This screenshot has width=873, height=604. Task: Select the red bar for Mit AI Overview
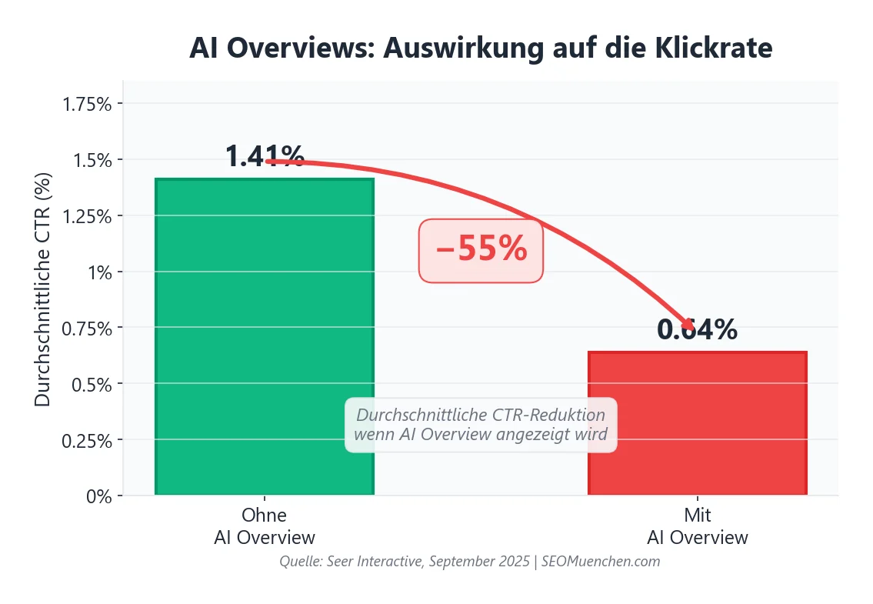click(697, 422)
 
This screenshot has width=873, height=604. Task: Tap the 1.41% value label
click(265, 157)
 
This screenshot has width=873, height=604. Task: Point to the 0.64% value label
click(697, 330)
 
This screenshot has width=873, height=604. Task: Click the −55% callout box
click(481, 250)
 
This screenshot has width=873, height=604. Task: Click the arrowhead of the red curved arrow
click(688, 326)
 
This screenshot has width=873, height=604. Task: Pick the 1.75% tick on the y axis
click(86, 104)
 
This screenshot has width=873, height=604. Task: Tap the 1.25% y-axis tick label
click(86, 216)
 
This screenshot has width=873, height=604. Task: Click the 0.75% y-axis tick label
click(86, 329)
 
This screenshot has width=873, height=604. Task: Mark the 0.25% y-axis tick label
click(86, 440)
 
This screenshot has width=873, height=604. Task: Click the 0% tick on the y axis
click(98, 496)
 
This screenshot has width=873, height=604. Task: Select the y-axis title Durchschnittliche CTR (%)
click(43, 289)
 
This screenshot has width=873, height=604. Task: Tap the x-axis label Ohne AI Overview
click(264, 526)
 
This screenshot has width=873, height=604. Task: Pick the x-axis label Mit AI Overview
click(697, 526)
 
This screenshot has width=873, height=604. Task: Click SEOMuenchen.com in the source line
click(601, 562)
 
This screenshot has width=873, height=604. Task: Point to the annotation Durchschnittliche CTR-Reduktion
click(481, 415)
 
